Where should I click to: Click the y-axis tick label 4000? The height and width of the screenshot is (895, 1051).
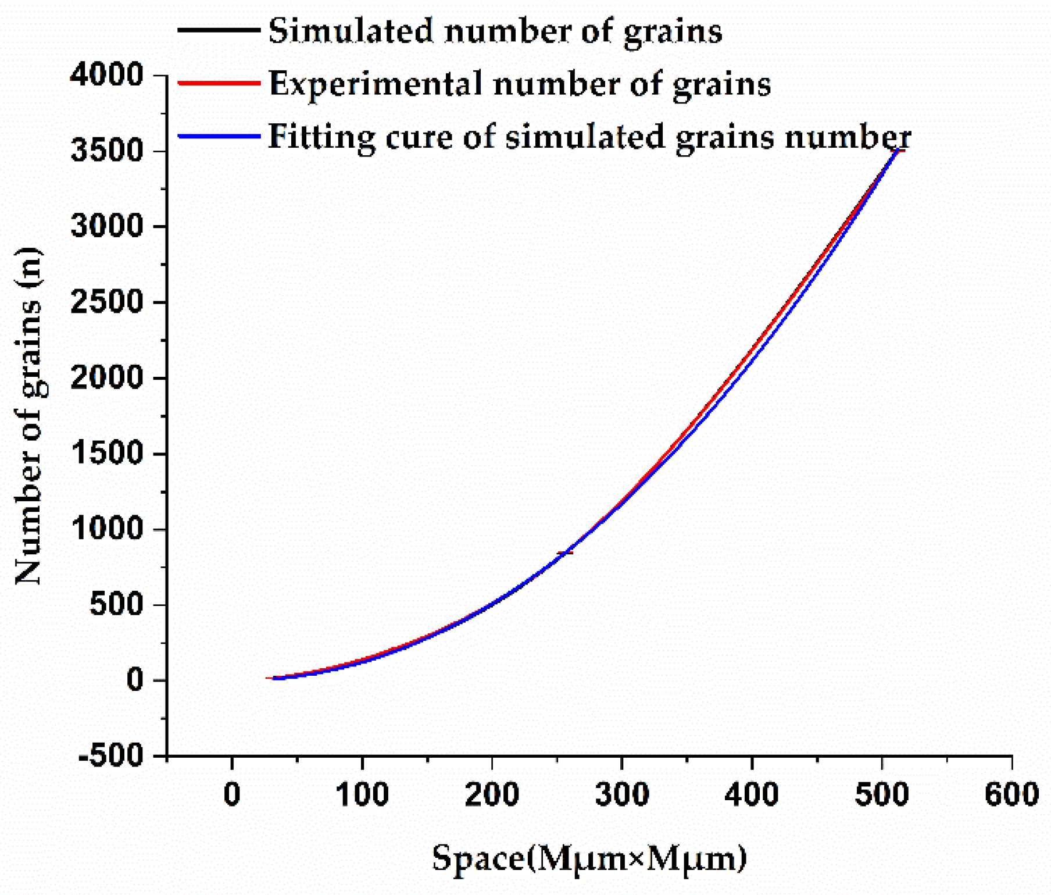coord(106,76)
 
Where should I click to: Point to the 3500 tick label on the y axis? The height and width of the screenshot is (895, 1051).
coord(106,151)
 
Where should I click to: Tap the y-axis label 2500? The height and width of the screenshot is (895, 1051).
coord(106,302)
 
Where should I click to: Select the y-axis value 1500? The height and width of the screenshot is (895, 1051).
coord(106,454)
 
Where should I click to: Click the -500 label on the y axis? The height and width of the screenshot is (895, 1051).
coord(110,757)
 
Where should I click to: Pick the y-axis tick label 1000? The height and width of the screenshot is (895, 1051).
coord(106,529)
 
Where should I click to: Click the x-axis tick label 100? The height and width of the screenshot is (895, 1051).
coord(362,794)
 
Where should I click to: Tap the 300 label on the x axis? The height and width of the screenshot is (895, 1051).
coord(622,794)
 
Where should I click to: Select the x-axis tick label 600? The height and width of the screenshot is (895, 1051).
coord(1011,794)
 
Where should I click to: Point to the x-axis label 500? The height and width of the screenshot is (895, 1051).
coord(881,794)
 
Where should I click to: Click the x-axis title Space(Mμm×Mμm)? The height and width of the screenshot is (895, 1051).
coord(589,858)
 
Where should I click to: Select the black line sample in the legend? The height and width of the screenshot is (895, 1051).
coord(219,30)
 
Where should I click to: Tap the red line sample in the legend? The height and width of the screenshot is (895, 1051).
coord(219,83)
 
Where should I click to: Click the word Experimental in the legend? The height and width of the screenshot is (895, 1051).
coord(376,84)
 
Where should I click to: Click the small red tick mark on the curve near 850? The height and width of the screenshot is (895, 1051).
coord(564,552)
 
